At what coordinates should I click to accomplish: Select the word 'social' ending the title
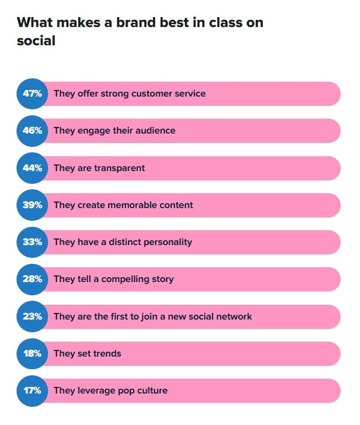pyautogui.click(x=36, y=40)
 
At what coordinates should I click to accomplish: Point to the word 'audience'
pyautogui.click(x=155, y=131)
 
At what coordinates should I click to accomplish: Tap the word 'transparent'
pyautogui.click(x=118, y=168)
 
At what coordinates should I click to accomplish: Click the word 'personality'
pyautogui.click(x=166, y=242)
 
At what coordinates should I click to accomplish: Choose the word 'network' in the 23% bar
pyautogui.click(x=233, y=316)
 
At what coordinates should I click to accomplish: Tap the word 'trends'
pyautogui.click(x=107, y=353)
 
